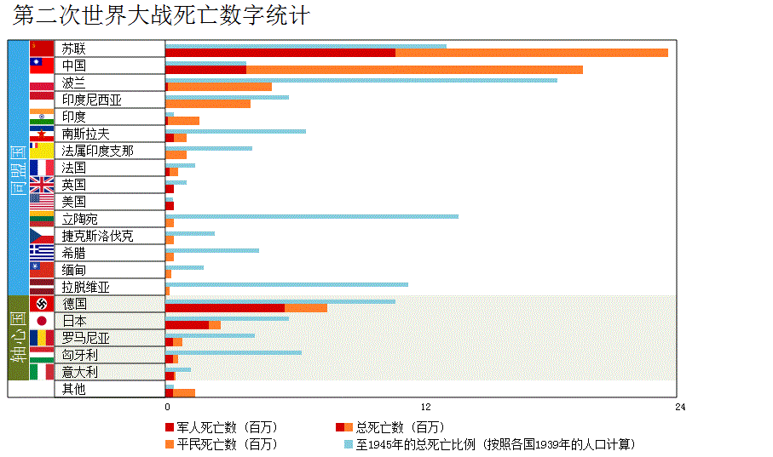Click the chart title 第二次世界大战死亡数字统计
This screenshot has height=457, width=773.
point(161,16)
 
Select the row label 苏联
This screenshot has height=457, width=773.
point(74,49)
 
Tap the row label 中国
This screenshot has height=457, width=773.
point(74,66)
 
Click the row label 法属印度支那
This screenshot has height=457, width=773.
point(98,151)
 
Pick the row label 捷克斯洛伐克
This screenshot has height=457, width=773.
point(98,236)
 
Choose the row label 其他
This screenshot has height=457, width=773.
point(74,389)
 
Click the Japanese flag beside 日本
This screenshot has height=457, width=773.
point(42,321)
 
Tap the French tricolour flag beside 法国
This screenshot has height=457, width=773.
point(42,168)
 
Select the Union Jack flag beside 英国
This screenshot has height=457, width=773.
point(42,185)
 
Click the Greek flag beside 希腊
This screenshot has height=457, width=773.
point(42,253)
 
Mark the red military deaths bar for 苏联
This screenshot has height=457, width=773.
point(280,53)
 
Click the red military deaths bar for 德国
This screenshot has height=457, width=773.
point(225,308)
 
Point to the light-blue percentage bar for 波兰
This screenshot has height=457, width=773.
point(361,80)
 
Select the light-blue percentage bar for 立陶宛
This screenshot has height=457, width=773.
point(312,216)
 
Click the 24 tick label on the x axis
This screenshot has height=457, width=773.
point(680,407)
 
